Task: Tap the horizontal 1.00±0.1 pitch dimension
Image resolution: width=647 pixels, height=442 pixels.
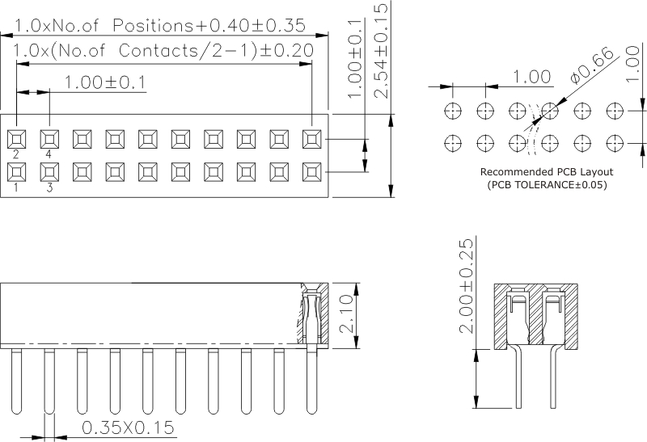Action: pos(104,82)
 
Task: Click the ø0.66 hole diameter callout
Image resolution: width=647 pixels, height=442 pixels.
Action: pos(592,65)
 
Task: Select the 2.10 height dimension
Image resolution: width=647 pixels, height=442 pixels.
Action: pos(346,315)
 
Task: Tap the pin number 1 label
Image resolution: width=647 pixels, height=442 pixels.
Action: pos(16,187)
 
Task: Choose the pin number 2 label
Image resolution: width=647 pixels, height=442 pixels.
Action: pos(16,154)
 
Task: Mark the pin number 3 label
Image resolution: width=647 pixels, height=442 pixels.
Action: pos(49,187)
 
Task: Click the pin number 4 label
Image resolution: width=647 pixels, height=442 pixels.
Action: pos(49,154)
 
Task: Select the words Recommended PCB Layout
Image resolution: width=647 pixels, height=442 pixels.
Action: pos(547,172)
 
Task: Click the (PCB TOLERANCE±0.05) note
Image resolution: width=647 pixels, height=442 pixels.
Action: pos(547,185)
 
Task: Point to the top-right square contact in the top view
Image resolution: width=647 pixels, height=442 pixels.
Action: pos(311,138)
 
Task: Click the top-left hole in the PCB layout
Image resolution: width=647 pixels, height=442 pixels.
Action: pos(453,109)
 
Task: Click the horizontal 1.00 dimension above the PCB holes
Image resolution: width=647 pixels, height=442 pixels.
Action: pos(532,77)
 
